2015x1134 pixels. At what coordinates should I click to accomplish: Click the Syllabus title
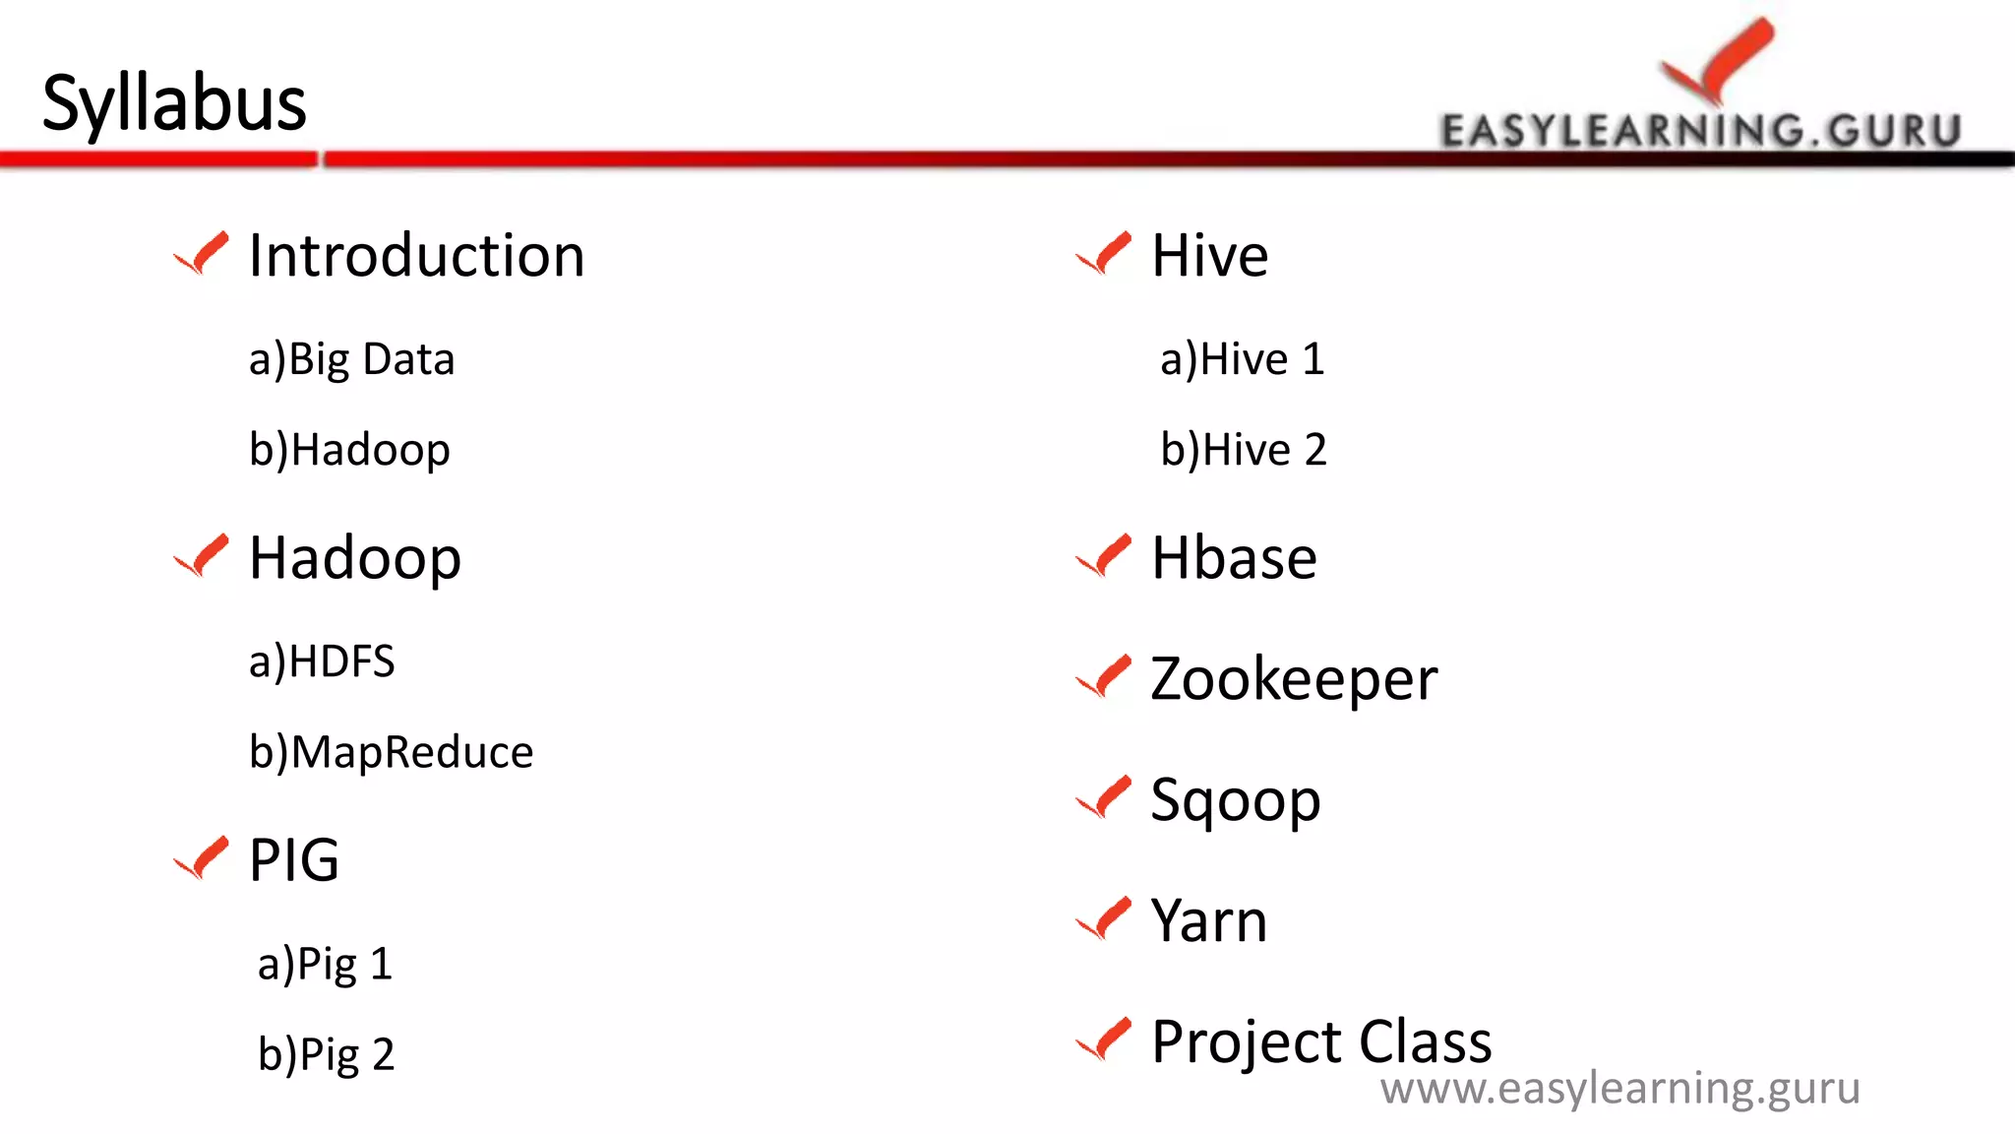(x=174, y=102)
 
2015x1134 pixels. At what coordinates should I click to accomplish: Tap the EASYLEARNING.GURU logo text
(x=1700, y=131)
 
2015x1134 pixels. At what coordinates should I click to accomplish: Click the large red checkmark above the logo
(x=1718, y=59)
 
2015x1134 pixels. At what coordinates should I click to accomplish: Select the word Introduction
(x=416, y=256)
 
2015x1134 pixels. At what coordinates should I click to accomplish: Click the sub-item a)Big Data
(x=351, y=359)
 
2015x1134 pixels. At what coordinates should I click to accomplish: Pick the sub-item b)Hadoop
(x=349, y=450)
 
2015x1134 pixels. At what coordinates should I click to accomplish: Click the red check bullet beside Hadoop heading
(x=202, y=556)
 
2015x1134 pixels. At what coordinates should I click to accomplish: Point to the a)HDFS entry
(x=322, y=661)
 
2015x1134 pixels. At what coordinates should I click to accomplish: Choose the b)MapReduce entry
(x=391, y=752)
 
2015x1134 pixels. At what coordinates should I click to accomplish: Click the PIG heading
(x=294, y=860)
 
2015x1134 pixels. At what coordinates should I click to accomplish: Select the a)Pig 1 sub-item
(x=325, y=964)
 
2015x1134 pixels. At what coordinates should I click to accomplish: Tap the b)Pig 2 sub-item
(x=326, y=1054)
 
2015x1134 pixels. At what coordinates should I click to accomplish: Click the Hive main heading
(x=1209, y=256)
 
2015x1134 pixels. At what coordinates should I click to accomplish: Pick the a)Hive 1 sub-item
(x=1242, y=359)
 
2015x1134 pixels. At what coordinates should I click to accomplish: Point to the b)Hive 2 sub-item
(x=1243, y=450)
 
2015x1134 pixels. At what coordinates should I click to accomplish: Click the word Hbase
(x=1234, y=558)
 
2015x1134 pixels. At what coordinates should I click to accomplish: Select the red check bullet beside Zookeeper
(x=1104, y=677)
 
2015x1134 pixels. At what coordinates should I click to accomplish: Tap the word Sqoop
(x=1235, y=800)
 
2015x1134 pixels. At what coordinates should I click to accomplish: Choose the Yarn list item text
(x=1209, y=921)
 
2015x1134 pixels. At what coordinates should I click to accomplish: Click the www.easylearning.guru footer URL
(x=1619, y=1089)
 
